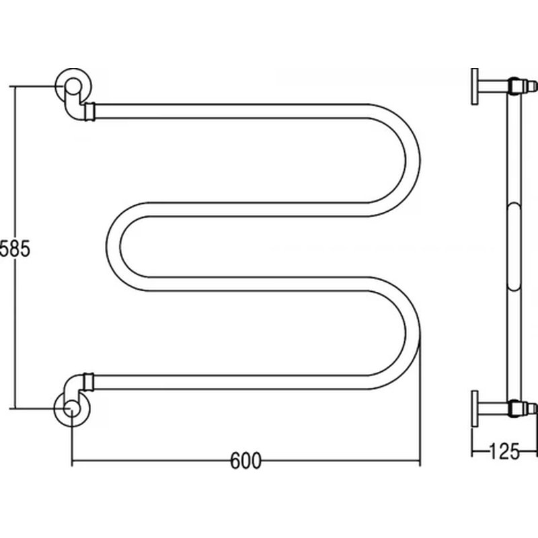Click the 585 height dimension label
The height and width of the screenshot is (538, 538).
tap(15, 248)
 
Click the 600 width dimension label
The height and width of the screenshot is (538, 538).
tap(245, 461)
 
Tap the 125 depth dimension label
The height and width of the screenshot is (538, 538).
tap(504, 451)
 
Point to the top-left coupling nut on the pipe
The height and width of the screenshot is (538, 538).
tap(90, 112)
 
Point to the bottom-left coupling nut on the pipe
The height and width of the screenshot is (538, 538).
tap(89, 382)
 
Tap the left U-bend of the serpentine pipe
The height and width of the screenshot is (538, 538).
tap(113, 246)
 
